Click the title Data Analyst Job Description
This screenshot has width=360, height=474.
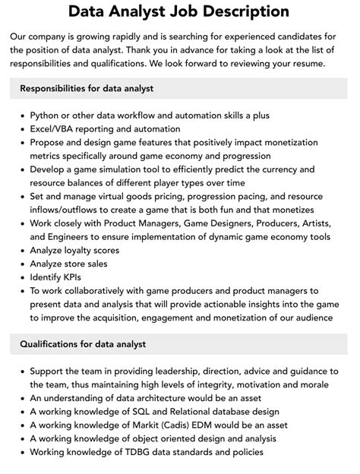click(x=179, y=11)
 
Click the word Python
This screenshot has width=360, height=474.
click(x=46, y=115)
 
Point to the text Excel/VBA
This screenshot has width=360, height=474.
click(x=55, y=129)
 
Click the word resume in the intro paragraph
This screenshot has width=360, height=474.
click(x=305, y=63)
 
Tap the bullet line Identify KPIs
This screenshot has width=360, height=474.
click(x=56, y=277)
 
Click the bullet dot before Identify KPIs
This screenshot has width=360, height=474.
click(x=21, y=278)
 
